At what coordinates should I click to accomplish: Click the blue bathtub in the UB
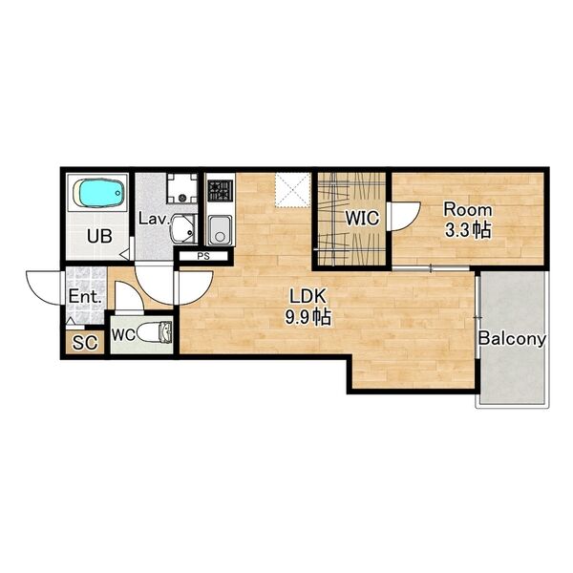pyautogui.click(x=98, y=193)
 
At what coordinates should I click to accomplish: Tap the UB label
pyautogui.click(x=99, y=237)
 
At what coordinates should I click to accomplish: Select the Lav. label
pyautogui.click(x=154, y=219)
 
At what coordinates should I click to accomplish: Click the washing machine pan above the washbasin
pyautogui.click(x=182, y=188)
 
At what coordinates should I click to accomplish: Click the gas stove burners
pyautogui.click(x=221, y=191)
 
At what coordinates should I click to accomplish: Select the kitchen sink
pyautogui.click(x=220, y=230)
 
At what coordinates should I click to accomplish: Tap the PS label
pyautogui.click(x=203, y=257)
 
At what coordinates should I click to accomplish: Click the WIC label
pyautogui.click(x=363, y=218)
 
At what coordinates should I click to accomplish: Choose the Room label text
pyautogui.click(x=467, y=210)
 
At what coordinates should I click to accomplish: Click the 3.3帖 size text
pyautogui.click(x=467, y=230)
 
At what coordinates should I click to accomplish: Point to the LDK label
pyautogui.click(x=308, y=296)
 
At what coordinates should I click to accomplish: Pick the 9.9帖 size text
pyautogui.click(x=308, y=317)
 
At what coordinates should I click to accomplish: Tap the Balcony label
pyautogui.click(x=512, y=339)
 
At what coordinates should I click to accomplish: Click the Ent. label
pyautogui.click(x=85, y=297)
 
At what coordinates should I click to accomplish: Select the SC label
pyautogui.click(x=85, y=343)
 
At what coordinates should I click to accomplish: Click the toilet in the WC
pyautogui.click(x=155, y=332)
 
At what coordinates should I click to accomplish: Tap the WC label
pyautogui.click(x=123, y=335)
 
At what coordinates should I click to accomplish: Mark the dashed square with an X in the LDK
pyautogui.click(x=293, y=190)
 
